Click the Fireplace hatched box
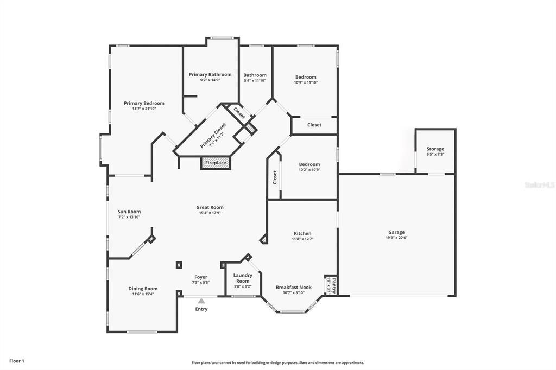click(216, 162)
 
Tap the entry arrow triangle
click(201, 301)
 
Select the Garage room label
click(396, 232)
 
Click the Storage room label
click(435, 149)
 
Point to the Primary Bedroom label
click(144, 103)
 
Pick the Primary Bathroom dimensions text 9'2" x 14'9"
click(210, 80)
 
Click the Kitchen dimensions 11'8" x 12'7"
click(303, 239)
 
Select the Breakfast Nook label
click(294, 287)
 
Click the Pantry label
click(333, 283)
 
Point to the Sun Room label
click(129, 212)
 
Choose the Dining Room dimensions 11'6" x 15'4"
click(143, 294)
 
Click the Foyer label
click(201, 277)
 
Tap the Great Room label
click(210, 207)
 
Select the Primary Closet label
click(213, 136)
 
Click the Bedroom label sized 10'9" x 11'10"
click(306, 77)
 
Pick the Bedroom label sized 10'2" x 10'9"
click(309, 164)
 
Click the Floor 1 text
click(17, 360)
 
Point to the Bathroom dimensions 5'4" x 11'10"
click(255, 81)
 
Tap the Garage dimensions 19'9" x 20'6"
click(396, 238)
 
